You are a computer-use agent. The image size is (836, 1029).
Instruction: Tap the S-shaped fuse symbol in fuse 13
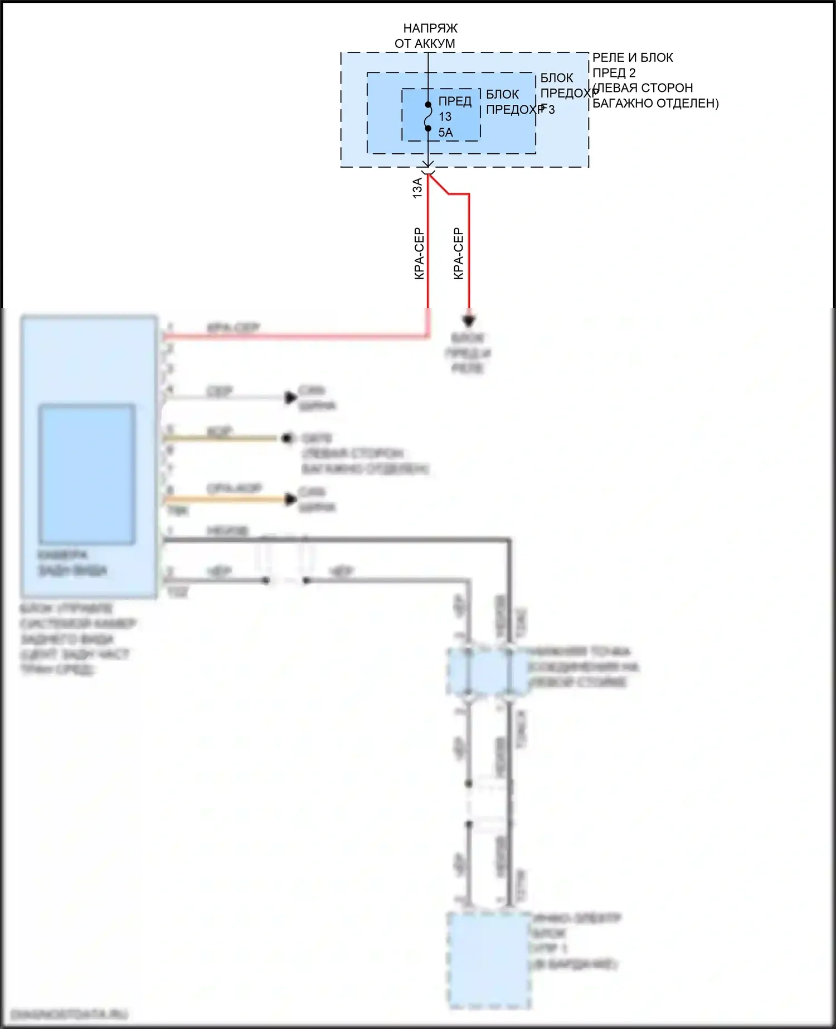click(x=428, y=117)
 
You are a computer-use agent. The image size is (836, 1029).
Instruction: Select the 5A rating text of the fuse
click(x=445, y=133)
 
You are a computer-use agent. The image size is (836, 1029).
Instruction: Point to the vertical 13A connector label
click(x=417, y=188)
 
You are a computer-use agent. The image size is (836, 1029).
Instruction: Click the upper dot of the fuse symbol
click(x=428, y=104)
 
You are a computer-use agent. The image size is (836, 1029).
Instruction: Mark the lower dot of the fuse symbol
click(x=428, y=129)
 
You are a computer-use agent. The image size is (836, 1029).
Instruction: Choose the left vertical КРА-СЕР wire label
click(x=419, y=254)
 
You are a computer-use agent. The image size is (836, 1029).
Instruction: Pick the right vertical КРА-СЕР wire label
click(x=458, y=254)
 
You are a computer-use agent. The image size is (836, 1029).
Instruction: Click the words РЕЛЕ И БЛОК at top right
click(x=632, y=57)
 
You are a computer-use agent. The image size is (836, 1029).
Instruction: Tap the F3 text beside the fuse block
click(x=548, y=109)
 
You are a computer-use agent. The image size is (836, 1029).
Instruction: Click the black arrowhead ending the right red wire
click(x=469, y=321)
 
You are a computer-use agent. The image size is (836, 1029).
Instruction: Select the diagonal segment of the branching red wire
click(x=439, y=184)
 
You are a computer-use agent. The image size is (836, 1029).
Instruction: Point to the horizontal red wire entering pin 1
click(x=295, y=336)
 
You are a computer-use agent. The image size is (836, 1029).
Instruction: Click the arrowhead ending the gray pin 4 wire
click(x=290, y=397)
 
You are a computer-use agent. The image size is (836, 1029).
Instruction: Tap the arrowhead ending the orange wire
click(x=290, y=499)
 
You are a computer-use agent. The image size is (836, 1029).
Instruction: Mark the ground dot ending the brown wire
click(x=288, y=439)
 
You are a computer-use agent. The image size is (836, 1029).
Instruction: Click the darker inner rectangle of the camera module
click(x=87, y=474)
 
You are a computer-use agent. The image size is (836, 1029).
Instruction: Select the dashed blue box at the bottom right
click(x=489, y=959)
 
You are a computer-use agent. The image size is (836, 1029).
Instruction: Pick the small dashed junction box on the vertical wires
click(x=488, y=671)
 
